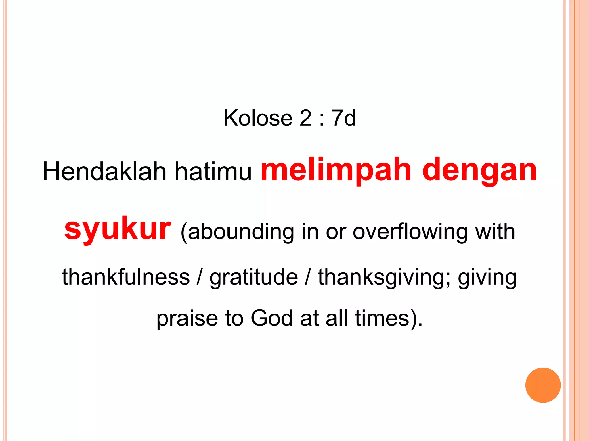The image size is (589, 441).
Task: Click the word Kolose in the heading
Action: pos(258,118)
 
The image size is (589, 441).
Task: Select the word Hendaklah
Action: pos(104,172)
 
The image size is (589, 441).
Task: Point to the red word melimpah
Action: pos(336,171)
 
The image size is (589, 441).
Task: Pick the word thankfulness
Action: pos(126,277)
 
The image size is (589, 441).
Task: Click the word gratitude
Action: pos(254,277)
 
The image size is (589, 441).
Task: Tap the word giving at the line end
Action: pos(487,277)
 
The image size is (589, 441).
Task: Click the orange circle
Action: pos(543,385)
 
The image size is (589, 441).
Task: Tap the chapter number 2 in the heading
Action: pos(305,118)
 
